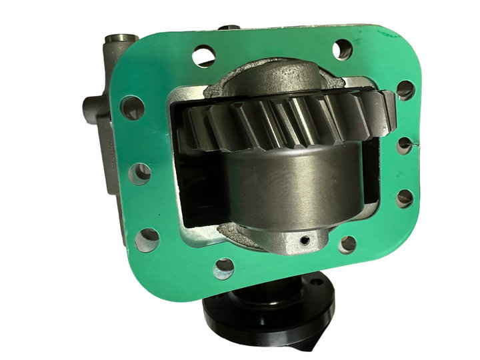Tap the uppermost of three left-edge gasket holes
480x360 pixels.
click(132, 107)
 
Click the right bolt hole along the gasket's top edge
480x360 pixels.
click(343, 49)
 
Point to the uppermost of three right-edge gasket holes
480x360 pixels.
click(405, 89)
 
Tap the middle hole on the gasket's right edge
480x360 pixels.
click(405, 145)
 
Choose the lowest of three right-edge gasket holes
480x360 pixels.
click(404, 198)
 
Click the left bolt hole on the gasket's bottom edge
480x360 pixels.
click(223, 269)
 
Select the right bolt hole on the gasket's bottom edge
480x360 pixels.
click(347, 244)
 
